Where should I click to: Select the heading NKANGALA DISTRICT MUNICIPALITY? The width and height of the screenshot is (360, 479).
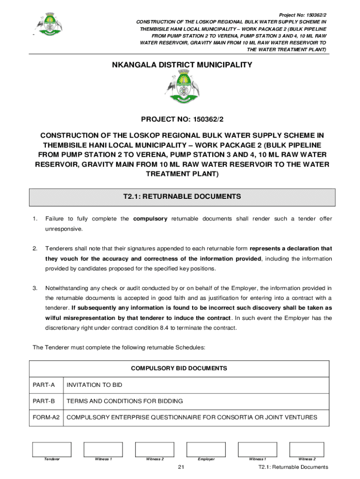pyautogui.click(x=182, y=65)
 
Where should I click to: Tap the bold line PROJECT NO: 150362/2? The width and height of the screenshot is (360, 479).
pyautogui.click(x=182, y=120)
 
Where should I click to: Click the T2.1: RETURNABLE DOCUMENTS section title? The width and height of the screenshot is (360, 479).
pyautogui.click(x=182, y=197)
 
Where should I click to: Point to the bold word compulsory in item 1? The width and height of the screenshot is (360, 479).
pyautogui.click(x=150, y=219)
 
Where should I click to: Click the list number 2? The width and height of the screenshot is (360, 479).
pyautogui.click(x=34, y=248)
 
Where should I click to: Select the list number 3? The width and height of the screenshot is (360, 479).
pyautogui.click(x=34, y=288)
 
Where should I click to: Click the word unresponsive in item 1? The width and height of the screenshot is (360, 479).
pyautogui.click(x=64, y=229)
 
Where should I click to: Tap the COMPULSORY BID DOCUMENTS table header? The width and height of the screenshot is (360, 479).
pyautogui.click(x=179, y=369)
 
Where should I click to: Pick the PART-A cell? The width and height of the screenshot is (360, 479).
pyautogui.click(x=44, y=385)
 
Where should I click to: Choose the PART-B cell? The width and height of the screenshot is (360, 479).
pyautogui.click(x=44, y=401)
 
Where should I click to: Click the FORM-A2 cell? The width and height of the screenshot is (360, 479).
pyautogui.click(x=46, y=417)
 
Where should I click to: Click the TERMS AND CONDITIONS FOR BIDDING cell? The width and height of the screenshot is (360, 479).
pyautogui.click(x=125, y=401)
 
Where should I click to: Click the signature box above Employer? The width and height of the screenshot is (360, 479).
pyautogui.click(x=206, y=450)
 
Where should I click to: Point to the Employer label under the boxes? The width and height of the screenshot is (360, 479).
pyautogui.click(x=206, y=459)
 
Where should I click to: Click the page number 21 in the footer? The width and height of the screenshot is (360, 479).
pyautogui.click(x=181, y=467)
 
